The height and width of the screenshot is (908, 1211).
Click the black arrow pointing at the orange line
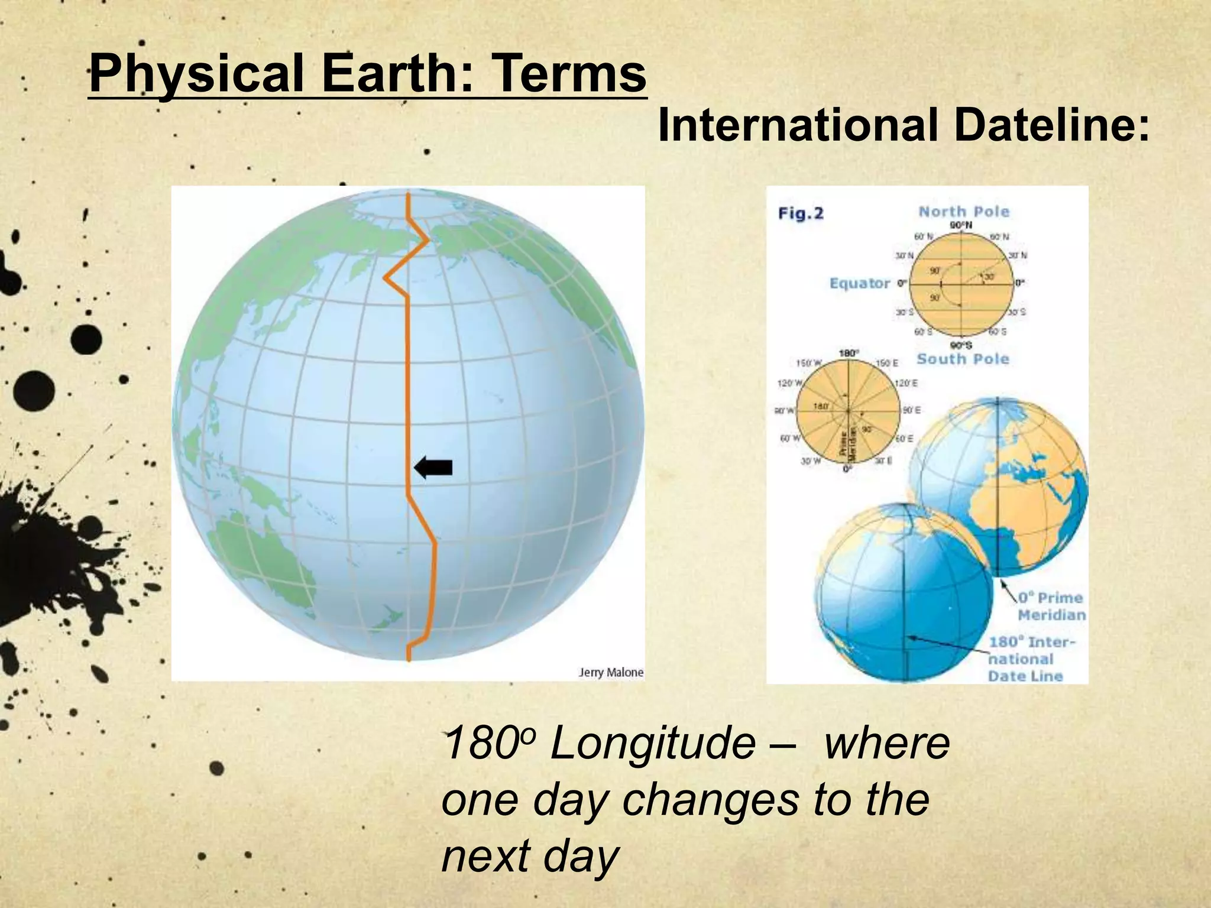[433, 468]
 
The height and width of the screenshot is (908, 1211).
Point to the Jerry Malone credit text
[610, 672]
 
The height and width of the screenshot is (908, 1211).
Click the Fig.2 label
[801, 213]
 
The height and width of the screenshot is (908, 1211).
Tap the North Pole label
[964, 212]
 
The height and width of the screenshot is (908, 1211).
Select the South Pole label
[963, 359]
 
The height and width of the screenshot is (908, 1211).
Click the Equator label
[859, 283]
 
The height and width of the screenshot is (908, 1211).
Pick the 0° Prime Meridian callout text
[1050, 606]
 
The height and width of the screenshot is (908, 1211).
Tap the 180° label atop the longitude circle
[849, 353]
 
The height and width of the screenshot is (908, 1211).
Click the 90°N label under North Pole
[961, 225]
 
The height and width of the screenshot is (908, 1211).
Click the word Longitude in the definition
[652, 744]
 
